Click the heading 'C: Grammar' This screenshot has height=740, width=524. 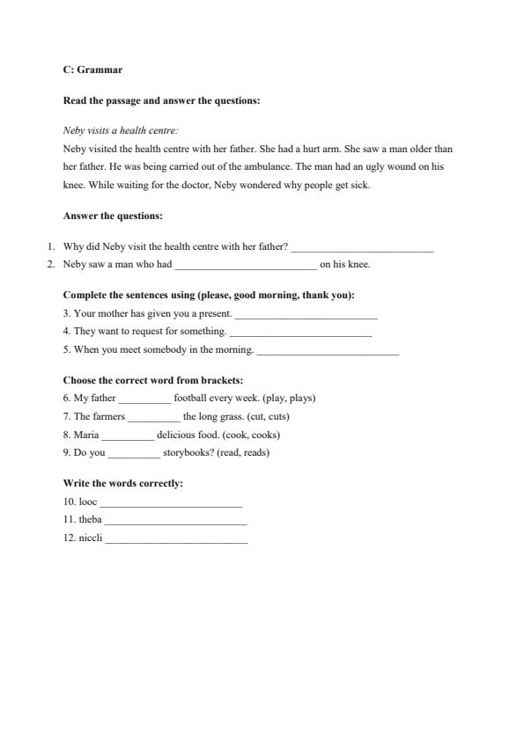92,70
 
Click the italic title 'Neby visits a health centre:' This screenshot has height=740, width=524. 121,129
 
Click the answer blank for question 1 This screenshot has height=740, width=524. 362,247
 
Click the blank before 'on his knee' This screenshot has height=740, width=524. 246,264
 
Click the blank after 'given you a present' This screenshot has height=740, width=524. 306,313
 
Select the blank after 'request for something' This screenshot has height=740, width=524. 300,332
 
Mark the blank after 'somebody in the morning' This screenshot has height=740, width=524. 328,350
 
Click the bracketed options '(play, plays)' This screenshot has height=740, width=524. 289,398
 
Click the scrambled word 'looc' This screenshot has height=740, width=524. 88,502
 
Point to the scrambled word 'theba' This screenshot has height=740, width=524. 91,520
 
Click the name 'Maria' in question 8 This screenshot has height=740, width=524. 86,435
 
